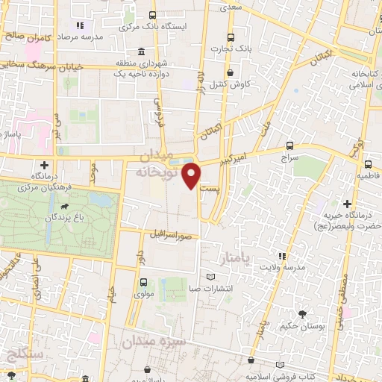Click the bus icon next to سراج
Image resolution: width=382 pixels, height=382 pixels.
(x=289, y=146)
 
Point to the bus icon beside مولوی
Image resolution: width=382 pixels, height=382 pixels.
(x=143, y=282)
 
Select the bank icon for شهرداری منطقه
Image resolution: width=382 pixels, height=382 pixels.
(x=120, y=63)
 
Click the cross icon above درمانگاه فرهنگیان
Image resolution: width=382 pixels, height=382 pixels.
(x=44, y=164)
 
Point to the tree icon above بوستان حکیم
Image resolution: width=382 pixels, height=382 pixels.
(x=302, y=314)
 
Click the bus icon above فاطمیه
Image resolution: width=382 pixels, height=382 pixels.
(x=368, y=165)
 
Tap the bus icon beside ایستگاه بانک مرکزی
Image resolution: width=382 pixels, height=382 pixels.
(x=153, y=15)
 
